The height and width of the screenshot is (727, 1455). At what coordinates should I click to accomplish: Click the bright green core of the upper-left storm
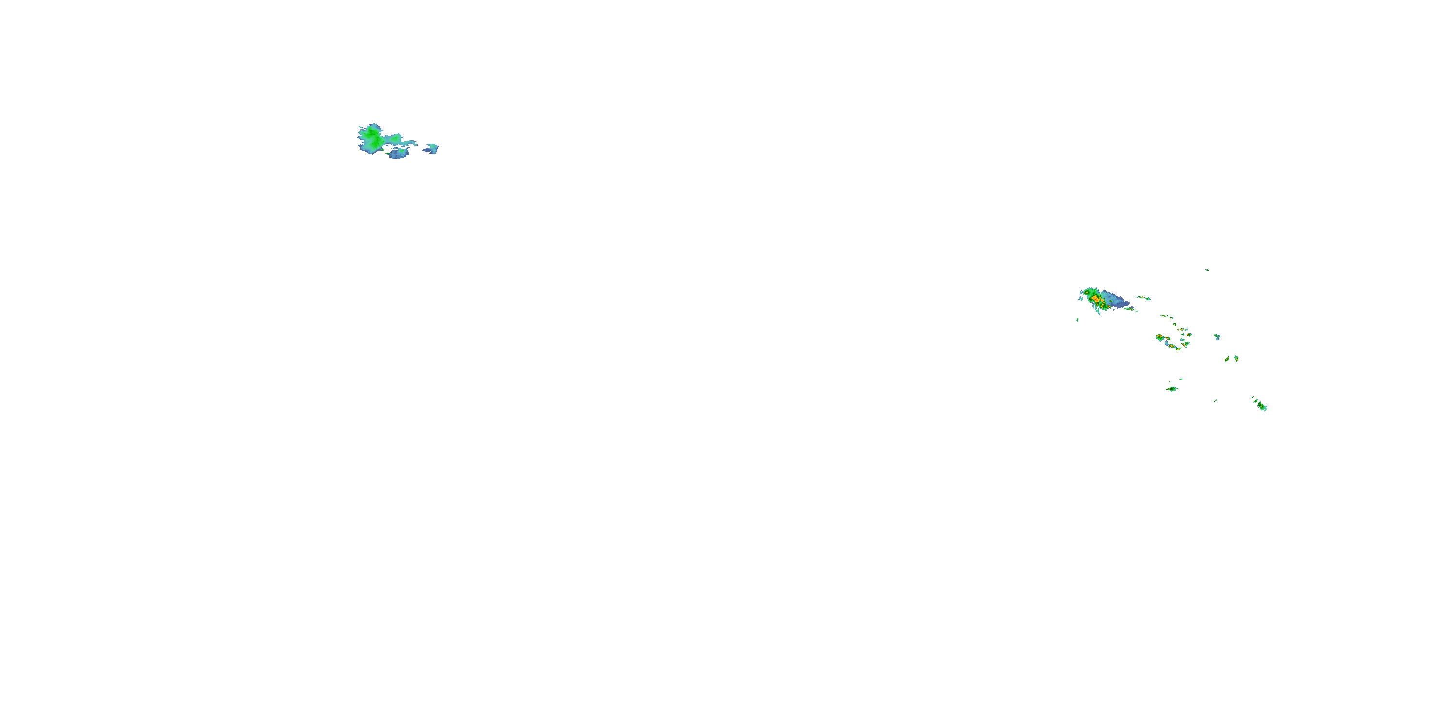tap(372, 137)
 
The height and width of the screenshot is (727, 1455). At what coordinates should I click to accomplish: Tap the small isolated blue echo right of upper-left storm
tap(432, 148)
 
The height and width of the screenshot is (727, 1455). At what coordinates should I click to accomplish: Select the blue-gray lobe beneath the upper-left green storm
tap(398, 153)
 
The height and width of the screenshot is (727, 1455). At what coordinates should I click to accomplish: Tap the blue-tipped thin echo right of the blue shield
tap(1144, 298)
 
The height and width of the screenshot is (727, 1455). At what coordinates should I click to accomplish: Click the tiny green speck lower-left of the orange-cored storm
tap(1077, 320)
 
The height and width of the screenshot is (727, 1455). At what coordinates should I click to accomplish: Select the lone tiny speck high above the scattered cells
tap(1207, 270)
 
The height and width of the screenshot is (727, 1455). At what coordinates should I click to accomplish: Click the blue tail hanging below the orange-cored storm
tap(1098, 310)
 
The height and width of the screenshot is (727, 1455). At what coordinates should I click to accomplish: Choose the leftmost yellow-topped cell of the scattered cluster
tap(1160, 337)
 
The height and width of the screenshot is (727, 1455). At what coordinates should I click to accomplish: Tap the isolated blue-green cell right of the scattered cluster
tap(1217, 337)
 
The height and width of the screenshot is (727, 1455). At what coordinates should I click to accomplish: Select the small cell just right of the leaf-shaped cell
tap(1236, 358)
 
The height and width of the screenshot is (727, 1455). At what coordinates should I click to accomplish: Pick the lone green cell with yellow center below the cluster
tap(1173, 388)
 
